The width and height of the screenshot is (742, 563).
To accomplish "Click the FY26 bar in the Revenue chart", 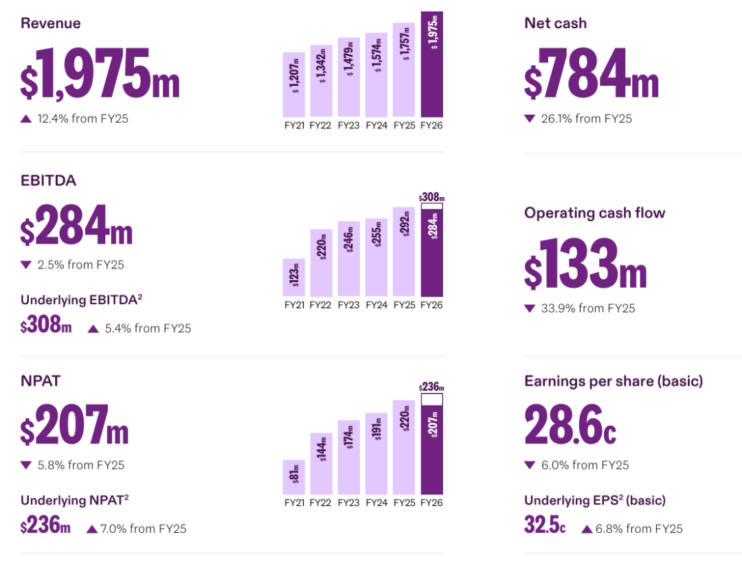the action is [431, 65].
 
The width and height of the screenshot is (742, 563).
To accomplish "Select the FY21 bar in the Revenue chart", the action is [294, 84].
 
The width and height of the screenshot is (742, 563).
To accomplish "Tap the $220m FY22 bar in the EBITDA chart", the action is [322, 263].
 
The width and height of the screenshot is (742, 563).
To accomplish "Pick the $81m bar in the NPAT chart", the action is [294, 477].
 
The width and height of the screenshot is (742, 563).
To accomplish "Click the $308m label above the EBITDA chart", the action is [431, 197].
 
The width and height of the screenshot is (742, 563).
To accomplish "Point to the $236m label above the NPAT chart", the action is [431, 387].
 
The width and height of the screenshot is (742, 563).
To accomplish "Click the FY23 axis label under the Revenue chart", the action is [349, 125].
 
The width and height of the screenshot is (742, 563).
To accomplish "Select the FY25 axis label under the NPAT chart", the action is [404, 503].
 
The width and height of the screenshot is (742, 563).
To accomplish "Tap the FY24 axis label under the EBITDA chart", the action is [376, 305].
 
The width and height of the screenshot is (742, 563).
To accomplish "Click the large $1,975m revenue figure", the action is [100, 73].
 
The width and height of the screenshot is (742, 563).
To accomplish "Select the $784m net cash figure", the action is [592, 73].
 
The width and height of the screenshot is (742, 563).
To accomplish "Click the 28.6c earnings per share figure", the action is [570, 424].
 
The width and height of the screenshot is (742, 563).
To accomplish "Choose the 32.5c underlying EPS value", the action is [545, 525].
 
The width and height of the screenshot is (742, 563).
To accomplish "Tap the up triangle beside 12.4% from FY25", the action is [26, 119].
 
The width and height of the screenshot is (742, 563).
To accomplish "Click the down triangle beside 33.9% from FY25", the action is [530, 309].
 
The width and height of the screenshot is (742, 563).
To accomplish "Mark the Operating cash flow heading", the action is [595, 214].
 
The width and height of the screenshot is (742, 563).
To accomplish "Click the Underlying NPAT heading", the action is [75, 500].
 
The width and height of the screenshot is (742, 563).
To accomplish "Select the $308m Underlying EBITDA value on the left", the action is [46, 325].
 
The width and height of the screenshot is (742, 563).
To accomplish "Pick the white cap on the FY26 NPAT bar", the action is [432, 400].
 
